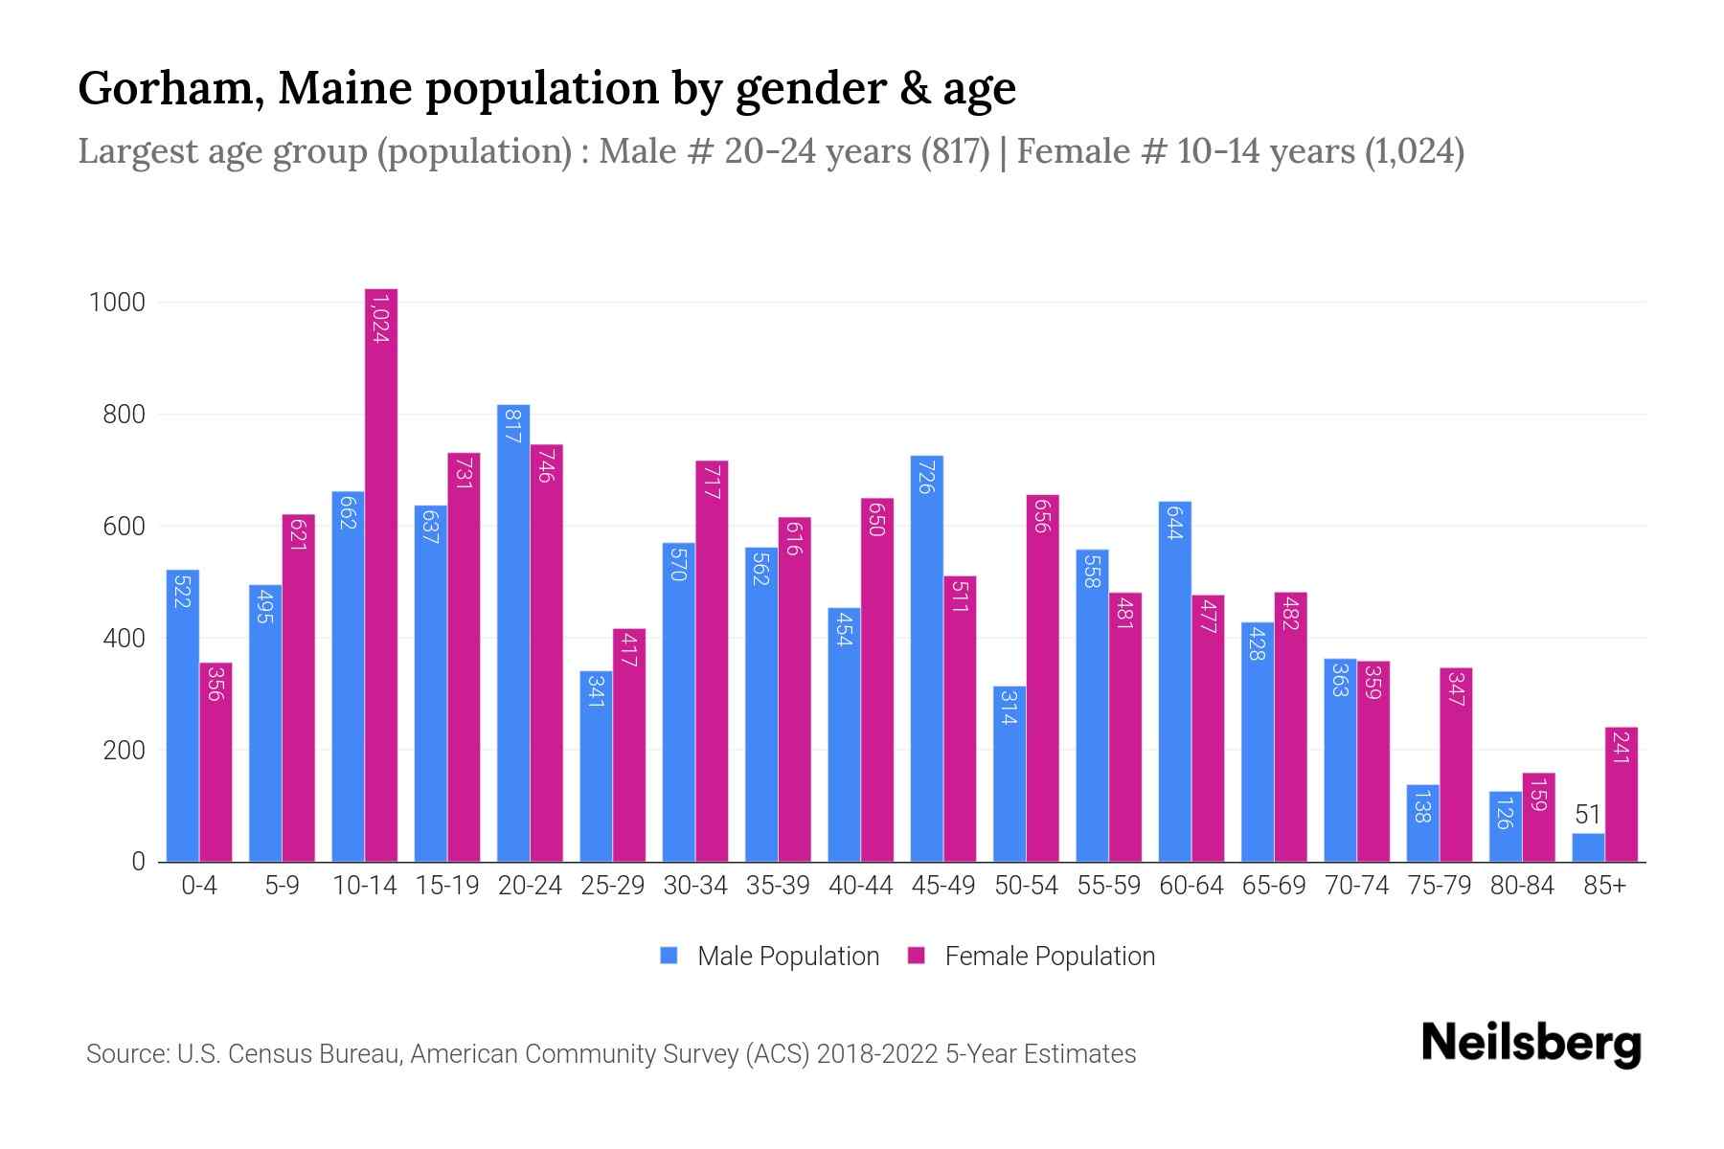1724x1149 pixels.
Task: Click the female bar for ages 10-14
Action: coord(381,574)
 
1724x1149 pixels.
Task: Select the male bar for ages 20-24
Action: coord(513,632)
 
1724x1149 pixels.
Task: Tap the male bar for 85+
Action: coord(1588,847)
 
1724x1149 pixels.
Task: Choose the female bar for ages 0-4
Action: coord(215,762)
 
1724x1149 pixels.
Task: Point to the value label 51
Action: coord(1588,815)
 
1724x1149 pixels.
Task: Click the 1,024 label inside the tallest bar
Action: coord(380,319)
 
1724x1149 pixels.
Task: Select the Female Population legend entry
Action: coord(1032,957)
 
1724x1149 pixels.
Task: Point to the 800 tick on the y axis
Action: coord(125,415)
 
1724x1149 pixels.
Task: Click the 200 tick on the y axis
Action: coord(125,750)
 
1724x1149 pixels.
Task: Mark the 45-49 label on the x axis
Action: coord(943,886)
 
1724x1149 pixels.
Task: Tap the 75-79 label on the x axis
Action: coord(1439,886)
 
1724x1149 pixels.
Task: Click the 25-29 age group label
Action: coord(613,886)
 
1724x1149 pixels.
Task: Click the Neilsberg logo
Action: coord(1531,1044)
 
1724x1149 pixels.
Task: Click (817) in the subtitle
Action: coord(955,151)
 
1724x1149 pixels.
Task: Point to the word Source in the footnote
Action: coord(126,1054)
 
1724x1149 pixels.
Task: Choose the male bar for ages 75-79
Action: coord(1422,823)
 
